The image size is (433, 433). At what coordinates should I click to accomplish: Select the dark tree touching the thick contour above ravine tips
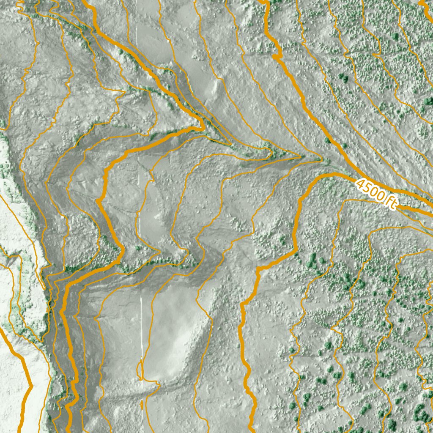pos(327,140)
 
